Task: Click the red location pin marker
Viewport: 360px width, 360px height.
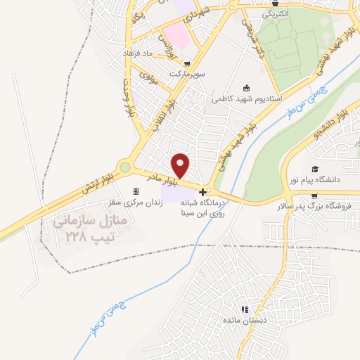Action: pos(181,165)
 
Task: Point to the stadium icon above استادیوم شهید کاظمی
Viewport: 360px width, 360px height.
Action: pos(246,88)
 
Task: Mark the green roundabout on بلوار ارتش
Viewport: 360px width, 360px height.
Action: pos(125,167)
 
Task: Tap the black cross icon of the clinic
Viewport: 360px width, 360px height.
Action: pos(202,191)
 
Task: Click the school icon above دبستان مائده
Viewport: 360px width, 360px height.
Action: pos(244,309)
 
